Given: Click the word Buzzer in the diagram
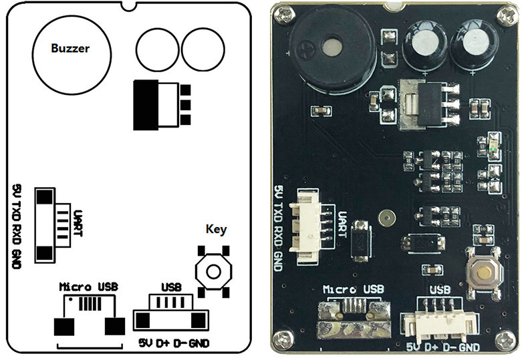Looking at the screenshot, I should click(x=70, y=48).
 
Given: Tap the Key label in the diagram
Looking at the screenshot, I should click(x=216, y=229).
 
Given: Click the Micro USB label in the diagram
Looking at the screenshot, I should click(x=88, y=287).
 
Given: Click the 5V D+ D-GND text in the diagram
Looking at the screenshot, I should click(x=174, y=343).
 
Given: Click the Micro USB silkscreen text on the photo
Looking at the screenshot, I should click(x=354, y=290).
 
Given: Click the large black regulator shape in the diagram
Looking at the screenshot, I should click(x=147, y=105).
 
